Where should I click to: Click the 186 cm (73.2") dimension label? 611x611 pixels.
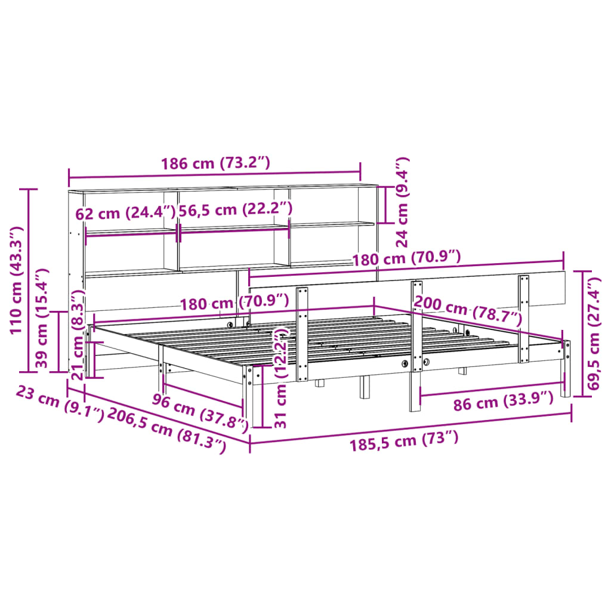tap(215, 163)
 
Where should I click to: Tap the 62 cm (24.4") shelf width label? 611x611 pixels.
tap(125, 212)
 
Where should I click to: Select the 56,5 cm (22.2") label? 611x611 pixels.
tap(236, 209)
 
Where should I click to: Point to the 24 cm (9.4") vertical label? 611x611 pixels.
tap(403, 202)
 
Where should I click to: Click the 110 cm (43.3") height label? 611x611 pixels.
tap(16, 280)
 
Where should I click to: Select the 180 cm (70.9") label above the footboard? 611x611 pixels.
tap(406, 258)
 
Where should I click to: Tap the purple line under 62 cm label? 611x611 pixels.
tap(131, 233)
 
